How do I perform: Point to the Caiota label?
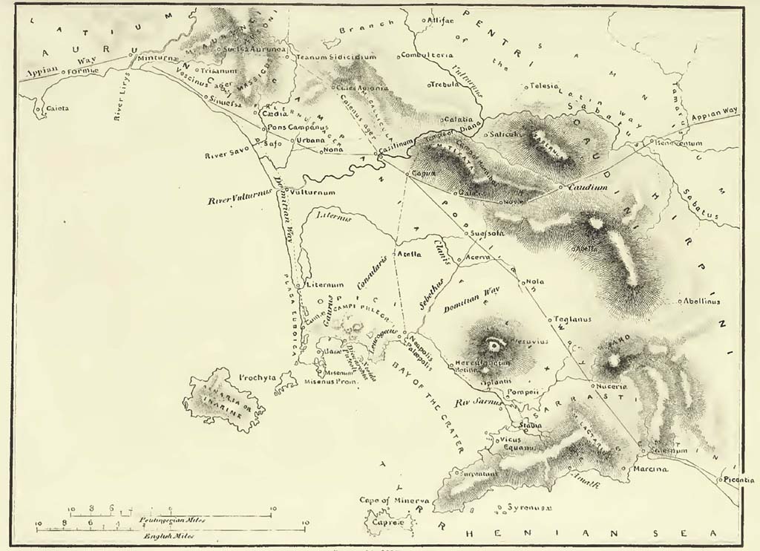coord(57,108)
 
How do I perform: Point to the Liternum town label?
coord(324,284)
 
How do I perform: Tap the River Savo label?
coord(229,156)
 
